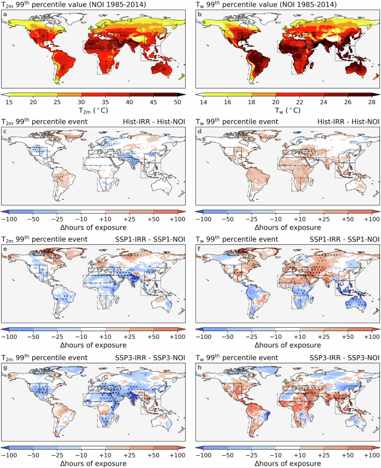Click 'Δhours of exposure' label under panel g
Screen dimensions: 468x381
point(93,463)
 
